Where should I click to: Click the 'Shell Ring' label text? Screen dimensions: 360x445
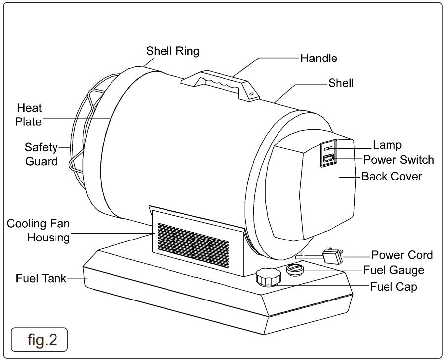point(172,51)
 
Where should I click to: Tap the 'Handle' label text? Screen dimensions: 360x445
point(319,58)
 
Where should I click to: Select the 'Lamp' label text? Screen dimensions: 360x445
point(387,145)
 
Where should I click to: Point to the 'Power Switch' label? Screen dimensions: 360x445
point(398,160)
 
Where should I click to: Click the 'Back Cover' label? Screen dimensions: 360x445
point(391,176)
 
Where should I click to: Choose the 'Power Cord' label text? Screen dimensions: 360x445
point(402,255)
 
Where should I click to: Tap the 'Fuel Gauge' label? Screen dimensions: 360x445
point(393,270)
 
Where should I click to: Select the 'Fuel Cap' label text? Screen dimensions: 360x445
point(393,286)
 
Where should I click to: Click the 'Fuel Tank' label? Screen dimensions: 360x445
point(34,279)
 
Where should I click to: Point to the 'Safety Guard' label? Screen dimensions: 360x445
point(42,154)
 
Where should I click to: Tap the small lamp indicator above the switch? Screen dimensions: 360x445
point(328,147)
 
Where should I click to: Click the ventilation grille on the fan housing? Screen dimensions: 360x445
point(193,244)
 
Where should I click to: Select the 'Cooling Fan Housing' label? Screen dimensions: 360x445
point(38,231)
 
